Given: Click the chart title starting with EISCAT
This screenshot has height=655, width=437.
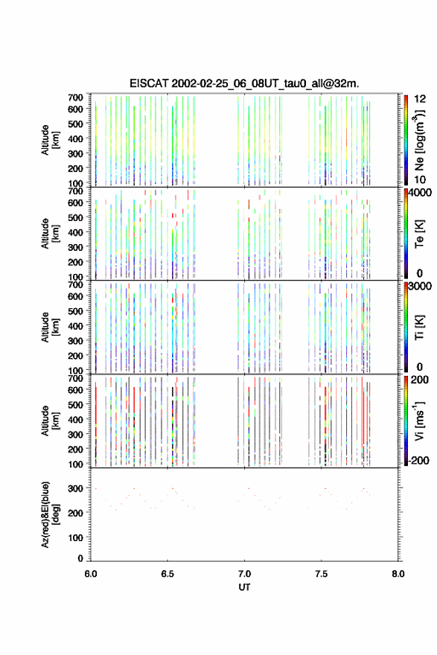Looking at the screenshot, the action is (x=244, y=83).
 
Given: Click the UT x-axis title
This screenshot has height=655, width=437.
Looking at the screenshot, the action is (x=244, y=587).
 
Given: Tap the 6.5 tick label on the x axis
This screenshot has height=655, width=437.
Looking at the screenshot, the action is (x=168, y=574).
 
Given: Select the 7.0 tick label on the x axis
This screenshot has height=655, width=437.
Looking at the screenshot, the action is (x=244, y=574).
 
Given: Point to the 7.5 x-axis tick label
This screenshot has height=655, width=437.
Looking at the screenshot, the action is (x=322, y=574).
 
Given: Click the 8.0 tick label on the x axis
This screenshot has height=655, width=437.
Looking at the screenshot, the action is (x=398, y=574).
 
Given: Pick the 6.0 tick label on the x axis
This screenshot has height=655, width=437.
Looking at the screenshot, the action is (x=91, y=574).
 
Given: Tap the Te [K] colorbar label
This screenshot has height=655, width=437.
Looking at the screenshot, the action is (x=419, y=234).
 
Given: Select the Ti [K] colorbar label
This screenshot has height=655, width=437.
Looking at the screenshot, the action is (x=419, y=327).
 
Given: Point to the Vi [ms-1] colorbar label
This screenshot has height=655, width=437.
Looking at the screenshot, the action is (x=418, y=421).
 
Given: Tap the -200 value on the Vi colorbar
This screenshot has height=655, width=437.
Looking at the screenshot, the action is (x=419, y=460).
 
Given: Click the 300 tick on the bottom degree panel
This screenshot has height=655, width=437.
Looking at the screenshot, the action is (x=76, y=488).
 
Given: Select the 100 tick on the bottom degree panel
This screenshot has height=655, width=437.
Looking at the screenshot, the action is (x=76, y=537).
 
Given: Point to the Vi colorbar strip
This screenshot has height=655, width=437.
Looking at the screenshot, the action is (x=406, y=421).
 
